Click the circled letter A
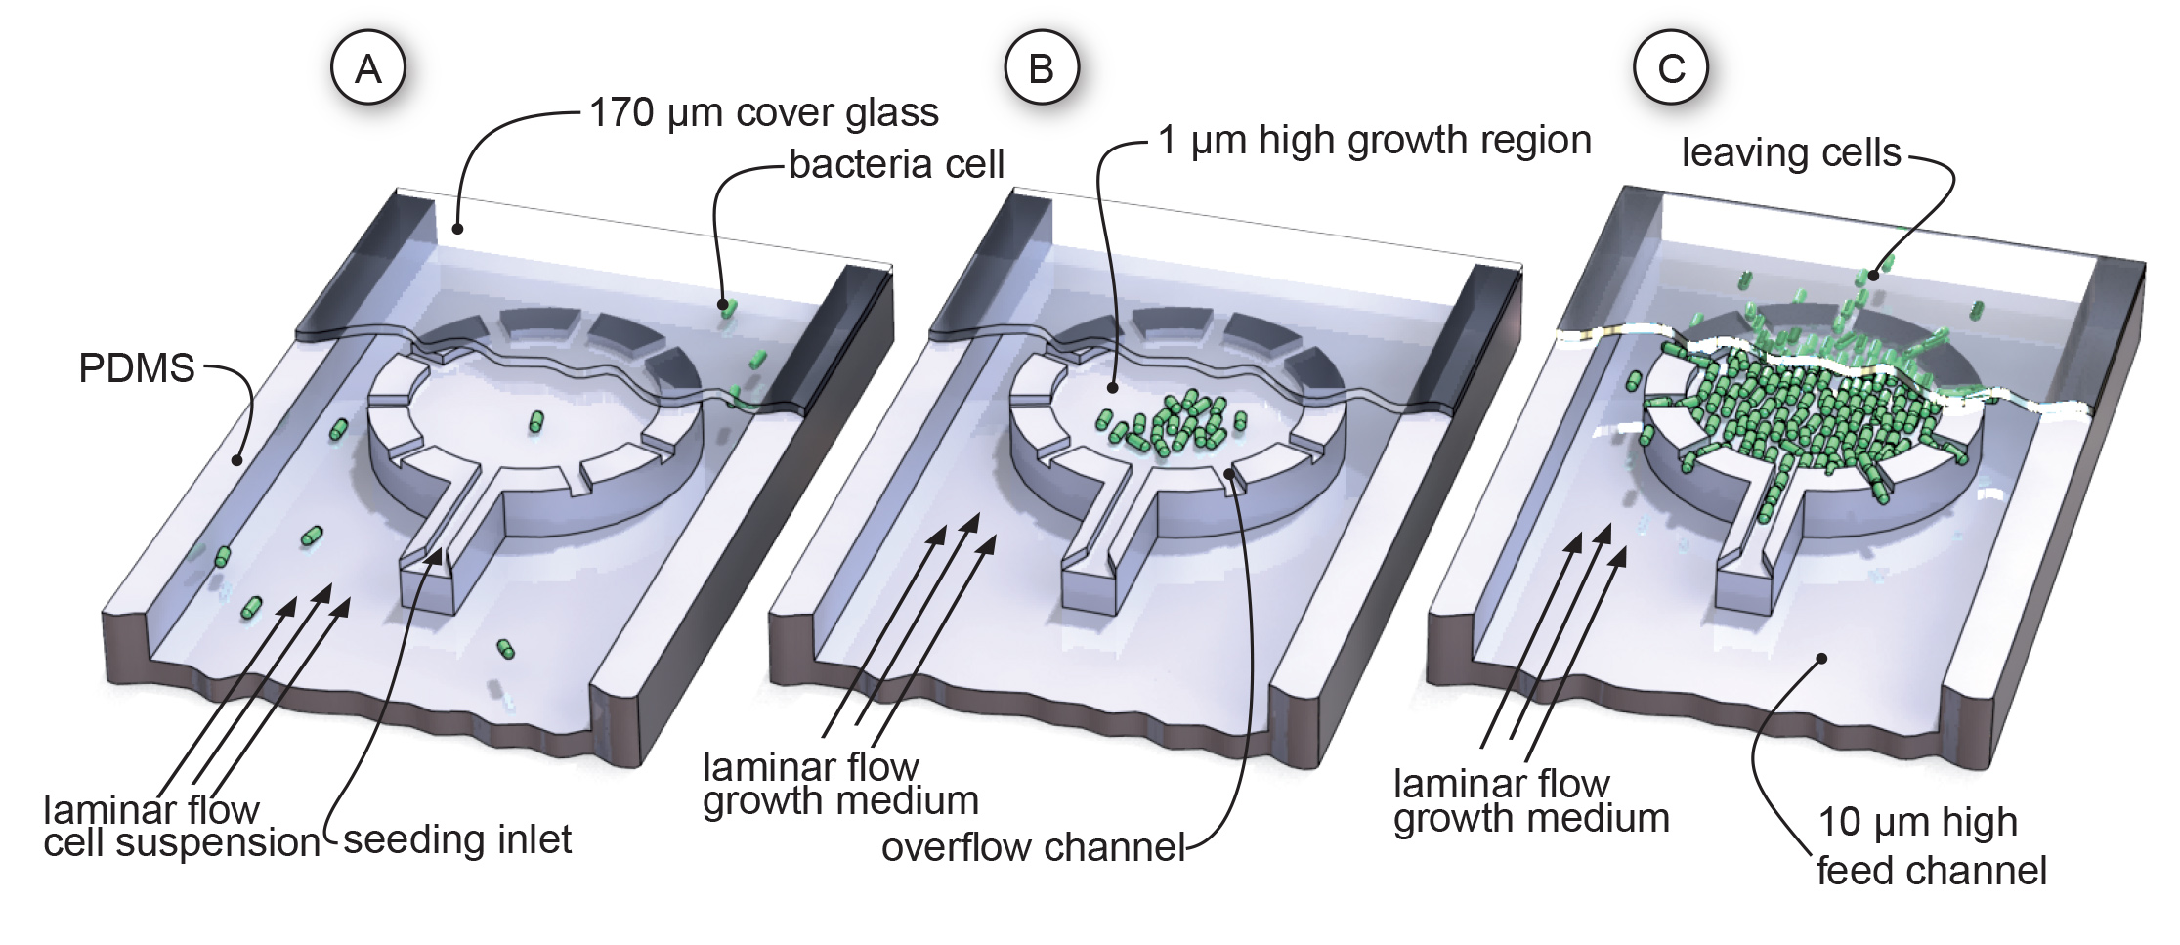pos(368,68)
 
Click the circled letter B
pos(1041,68)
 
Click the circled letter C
pos(1672,68)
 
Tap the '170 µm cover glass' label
pos(763,113)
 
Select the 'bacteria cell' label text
pos(896,164)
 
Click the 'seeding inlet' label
pos(457,840)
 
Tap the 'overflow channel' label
pos(1033,847)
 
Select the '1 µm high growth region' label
pos(1374,140)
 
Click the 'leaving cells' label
pos(1791,152)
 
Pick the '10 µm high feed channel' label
pos(1930,846)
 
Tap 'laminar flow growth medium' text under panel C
pos(1530,801)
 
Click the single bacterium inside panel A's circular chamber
pos(535,421)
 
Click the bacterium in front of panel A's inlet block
pos(505,649)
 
